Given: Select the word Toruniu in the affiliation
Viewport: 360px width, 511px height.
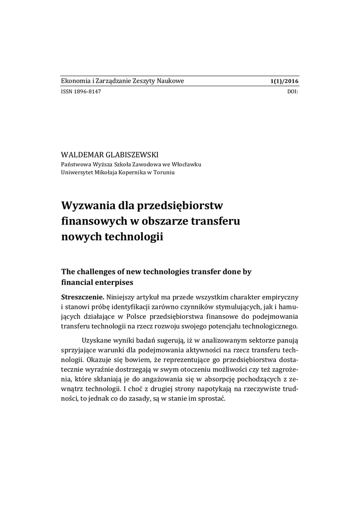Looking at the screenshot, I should pos(163,172).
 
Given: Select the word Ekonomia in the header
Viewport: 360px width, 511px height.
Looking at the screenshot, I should pos(76,81).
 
